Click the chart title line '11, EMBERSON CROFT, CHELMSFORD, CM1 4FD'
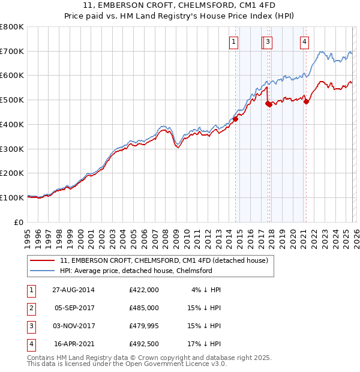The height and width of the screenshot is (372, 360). [180, 7]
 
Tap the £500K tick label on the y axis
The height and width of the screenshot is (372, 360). [12, 100]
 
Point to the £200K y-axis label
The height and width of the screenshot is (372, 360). [12, 173]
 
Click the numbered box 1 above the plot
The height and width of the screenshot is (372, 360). [233, 41]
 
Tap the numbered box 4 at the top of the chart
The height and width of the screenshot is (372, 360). [305, 41]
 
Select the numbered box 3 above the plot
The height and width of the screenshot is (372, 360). [268, 41]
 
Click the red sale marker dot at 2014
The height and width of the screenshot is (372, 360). [235, 119]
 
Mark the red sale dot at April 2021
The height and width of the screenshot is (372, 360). [306, 101]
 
